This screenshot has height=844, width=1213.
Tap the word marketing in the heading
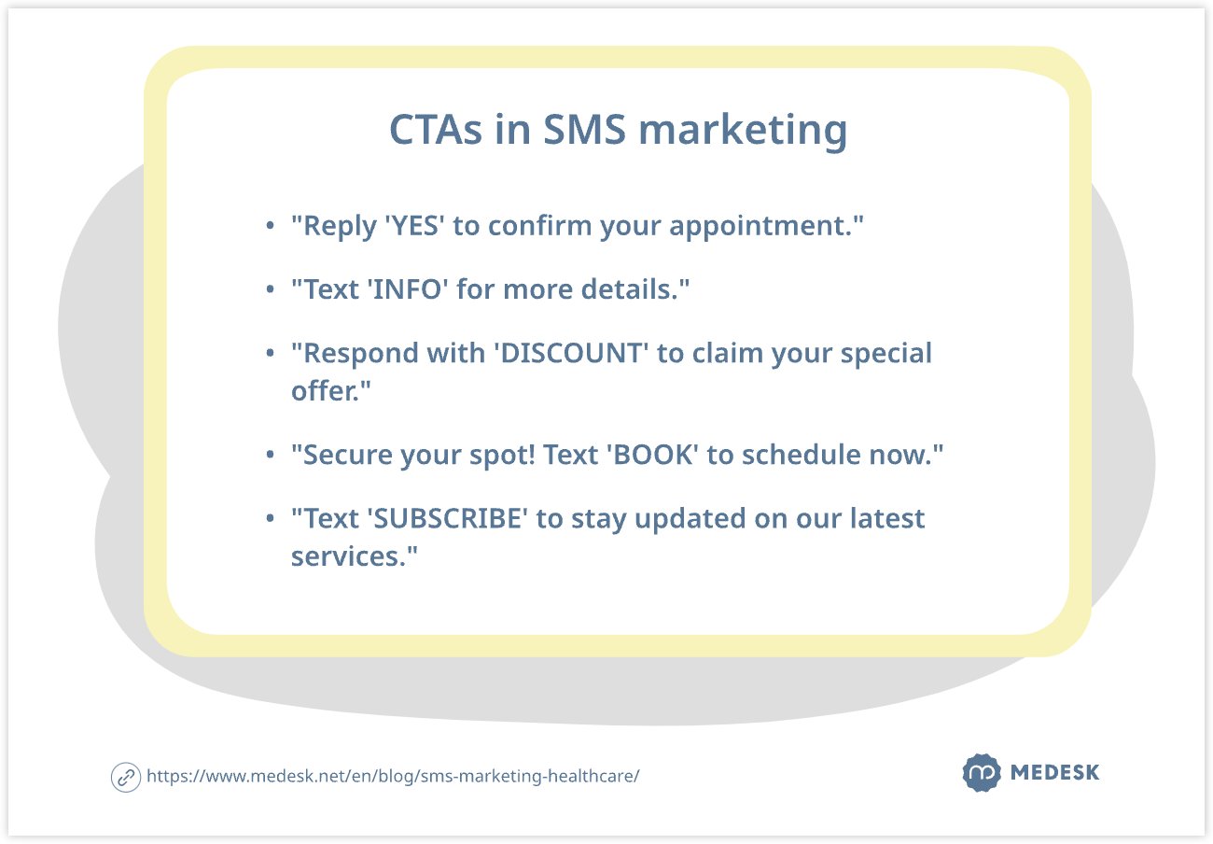pos(743,131)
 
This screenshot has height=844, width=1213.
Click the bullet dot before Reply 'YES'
pos(270,227)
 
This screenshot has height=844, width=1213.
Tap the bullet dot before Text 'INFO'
pos(270,290)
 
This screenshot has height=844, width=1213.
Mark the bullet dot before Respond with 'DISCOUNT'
pos(270,354)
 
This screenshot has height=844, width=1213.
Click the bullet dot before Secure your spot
pos(270,455)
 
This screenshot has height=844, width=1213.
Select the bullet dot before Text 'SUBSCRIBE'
pos(270,518)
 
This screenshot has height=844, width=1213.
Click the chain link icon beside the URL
pos(126,777)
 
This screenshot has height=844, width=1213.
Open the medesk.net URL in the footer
pos(393,777)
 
